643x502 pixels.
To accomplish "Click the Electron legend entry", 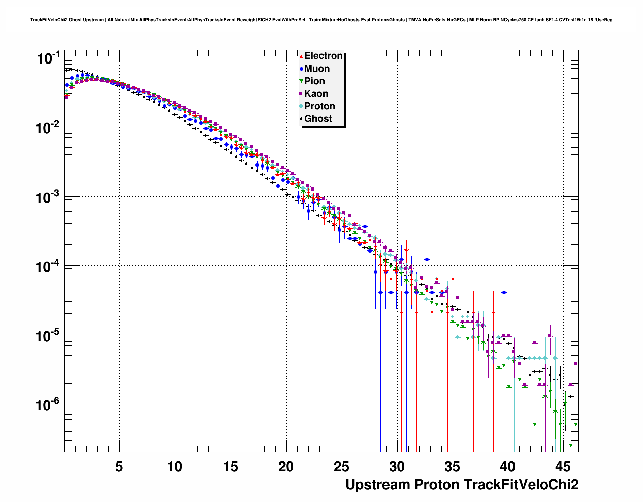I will (x=323, y=56).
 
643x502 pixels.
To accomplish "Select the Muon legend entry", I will (x=317, y=69).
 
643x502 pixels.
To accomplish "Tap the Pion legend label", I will (x=314, y=81).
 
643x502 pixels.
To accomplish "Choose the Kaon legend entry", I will (x=316, y=94).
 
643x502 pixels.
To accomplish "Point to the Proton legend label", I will (x=319, y=106).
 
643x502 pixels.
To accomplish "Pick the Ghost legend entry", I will (x=318, y=119).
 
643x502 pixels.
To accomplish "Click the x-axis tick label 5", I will (x=119, y=467).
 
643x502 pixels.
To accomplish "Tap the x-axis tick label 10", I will (x=175, y=467).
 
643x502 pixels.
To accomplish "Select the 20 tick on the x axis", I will (x=286, y=467).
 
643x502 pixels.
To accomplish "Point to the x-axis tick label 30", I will (x=397, y=467).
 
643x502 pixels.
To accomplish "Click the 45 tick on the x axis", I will (x=563, y=467).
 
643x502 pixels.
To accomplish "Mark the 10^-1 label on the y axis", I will (x=49, y=58).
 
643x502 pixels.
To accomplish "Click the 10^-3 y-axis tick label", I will (x=49, y=197).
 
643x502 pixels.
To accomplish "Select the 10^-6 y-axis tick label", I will (x=49, y=405).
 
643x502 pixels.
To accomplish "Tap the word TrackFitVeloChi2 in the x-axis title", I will (x=521, y=485).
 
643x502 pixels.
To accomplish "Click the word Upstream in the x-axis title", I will (x=377, y=485).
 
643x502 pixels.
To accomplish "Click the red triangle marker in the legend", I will (x=301, y=56).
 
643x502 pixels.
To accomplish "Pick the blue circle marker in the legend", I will (x=301, y=69).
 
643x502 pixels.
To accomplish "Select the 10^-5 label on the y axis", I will (x=49, y=336).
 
